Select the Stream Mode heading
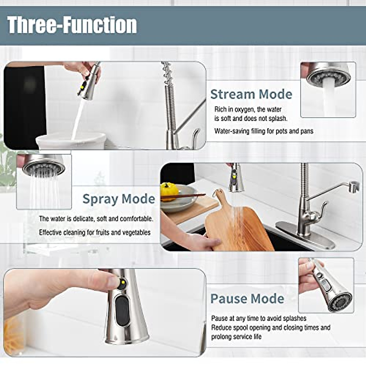(x=251, y=94)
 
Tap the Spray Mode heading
(x=119, y=199)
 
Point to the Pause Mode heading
(x=247, y=299)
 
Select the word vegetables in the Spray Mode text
(x=136, y=232)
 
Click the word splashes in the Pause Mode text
(x=294, y=318)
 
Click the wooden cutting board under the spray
(x=238, y=229)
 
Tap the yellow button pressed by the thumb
(x=122, y=284)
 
